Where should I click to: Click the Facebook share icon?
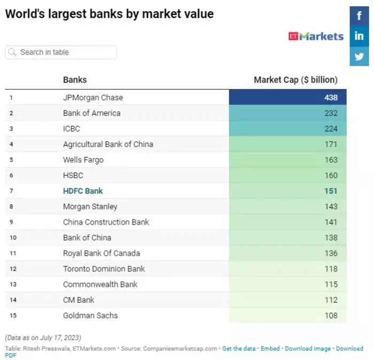[x=359, y=16]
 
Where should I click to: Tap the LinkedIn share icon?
[x=359, y=36]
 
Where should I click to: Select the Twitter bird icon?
[x=359, y=56]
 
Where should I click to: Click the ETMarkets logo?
[x=316, y=36]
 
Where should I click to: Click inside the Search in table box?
[x=61, y=52]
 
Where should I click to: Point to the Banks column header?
[x=75, y=80]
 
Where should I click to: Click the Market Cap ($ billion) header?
[x=295, y=80]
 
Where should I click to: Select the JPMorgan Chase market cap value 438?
[x=331, y=97]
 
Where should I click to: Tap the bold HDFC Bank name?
[x=83, y=191]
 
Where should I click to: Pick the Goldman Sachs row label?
[x=91, y=315]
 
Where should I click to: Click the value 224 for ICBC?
[x=331, y=128]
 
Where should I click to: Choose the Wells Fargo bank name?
[x=83, y=159]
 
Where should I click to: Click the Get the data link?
[x=239, y=348]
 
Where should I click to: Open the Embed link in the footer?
[x=270, y=348]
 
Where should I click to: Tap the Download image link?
[x=308, y=348]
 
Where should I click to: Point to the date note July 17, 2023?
[x=43, y=338]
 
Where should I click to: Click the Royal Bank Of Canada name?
[x=102, y=253]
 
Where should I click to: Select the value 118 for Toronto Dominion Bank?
[x=331, y=269]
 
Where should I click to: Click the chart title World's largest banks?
[x=109, y=14]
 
